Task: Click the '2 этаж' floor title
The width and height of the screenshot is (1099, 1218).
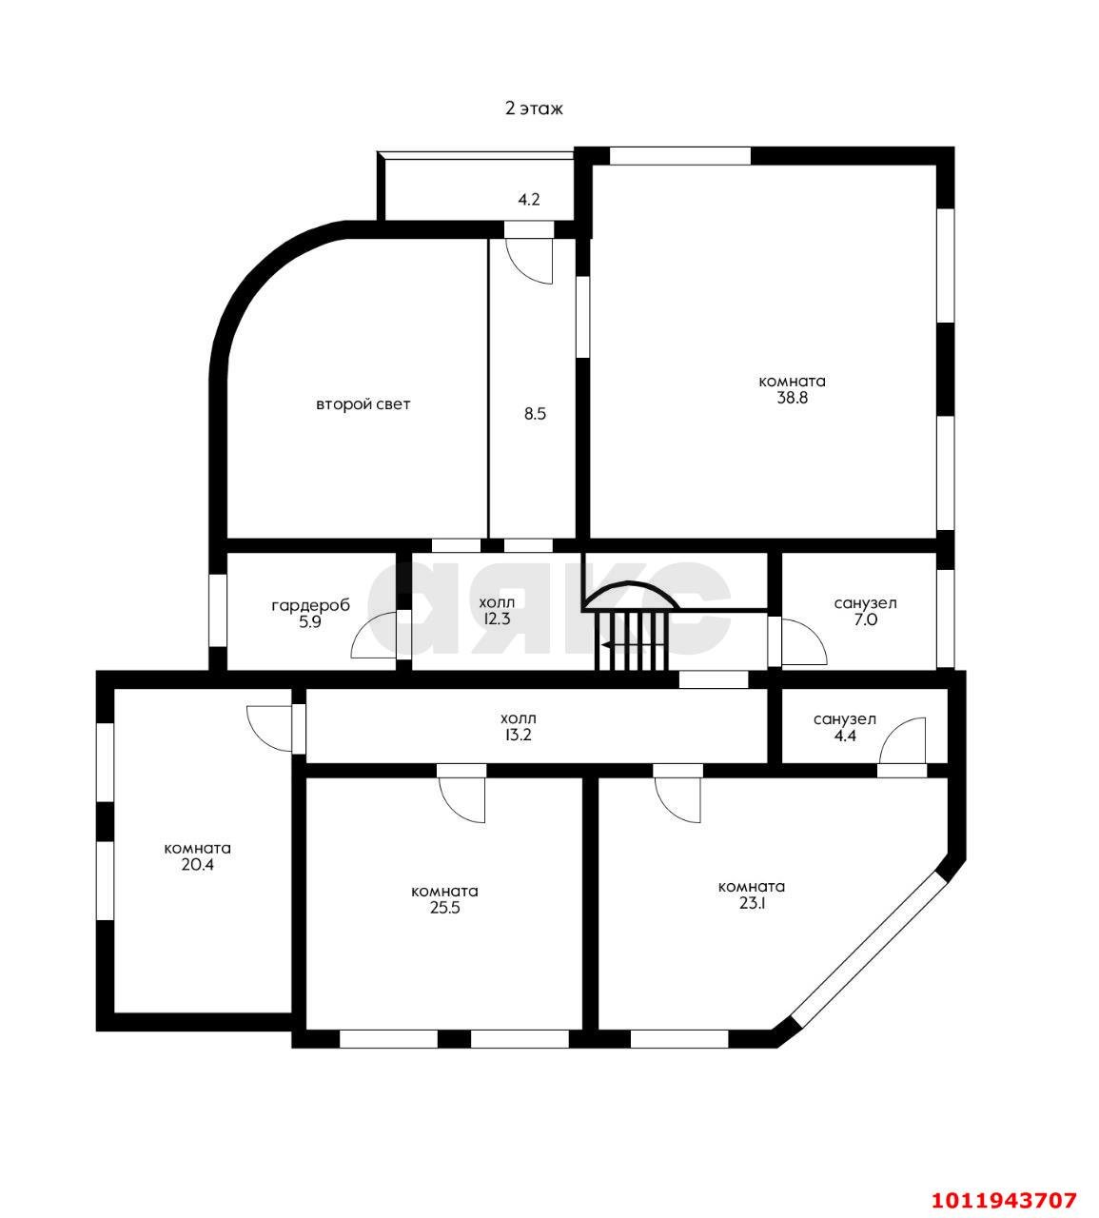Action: tap(534, 108)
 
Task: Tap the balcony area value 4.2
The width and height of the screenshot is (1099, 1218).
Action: tap(529, 200)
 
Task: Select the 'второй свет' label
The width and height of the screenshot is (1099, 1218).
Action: tap(363, 404)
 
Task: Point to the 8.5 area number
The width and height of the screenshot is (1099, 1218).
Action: tap(535, 414)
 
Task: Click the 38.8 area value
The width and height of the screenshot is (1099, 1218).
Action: tap(793, 399)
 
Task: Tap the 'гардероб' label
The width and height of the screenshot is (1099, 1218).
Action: tap(311, 606)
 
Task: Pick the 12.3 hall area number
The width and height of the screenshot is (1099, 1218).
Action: tap(497, 619)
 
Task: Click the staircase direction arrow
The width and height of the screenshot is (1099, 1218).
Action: tap(633, 645)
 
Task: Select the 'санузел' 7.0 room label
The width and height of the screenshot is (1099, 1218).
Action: tap(865, 603)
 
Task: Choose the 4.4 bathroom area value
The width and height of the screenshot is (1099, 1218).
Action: tap(845, 736)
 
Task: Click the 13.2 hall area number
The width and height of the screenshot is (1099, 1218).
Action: tap(519, 736)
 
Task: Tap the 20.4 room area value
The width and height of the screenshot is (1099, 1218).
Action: tap(197, 865)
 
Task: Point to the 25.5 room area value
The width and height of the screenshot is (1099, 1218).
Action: tap(444, 908)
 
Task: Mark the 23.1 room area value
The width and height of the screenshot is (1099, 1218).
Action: tap(752, 903)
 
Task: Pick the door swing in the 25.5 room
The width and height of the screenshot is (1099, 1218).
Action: tap(462, 799)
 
